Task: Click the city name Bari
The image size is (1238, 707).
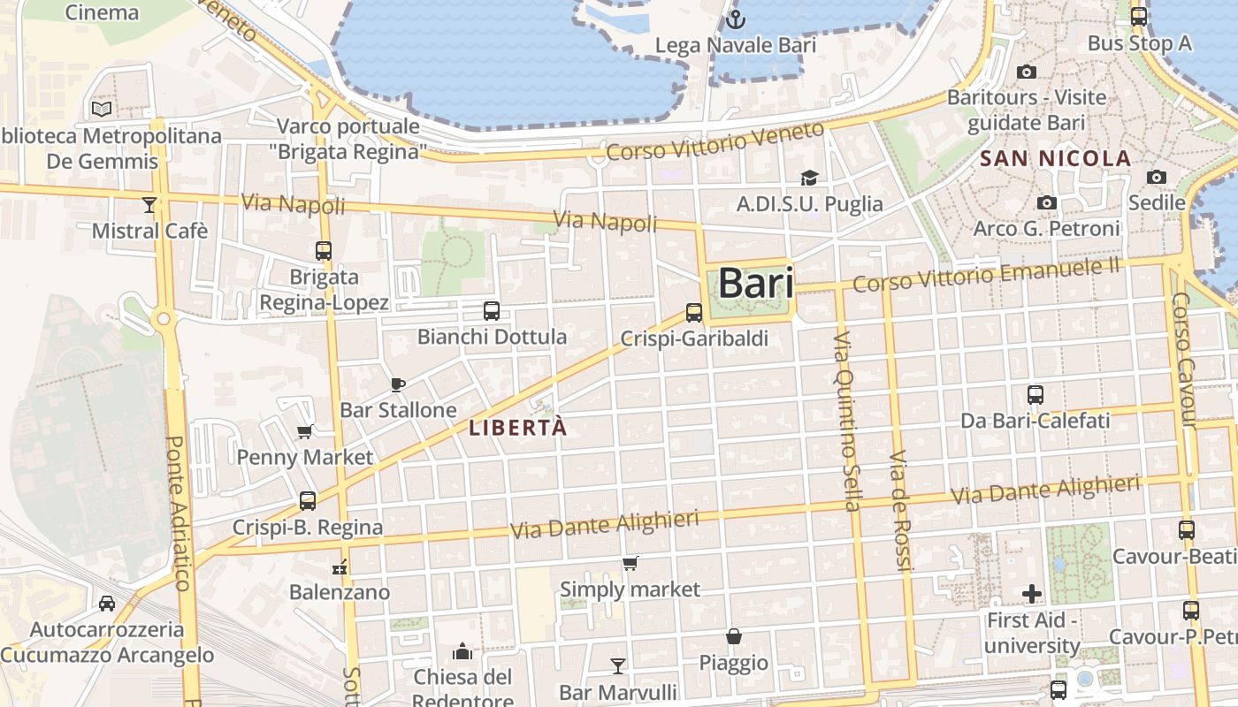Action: pos(755,283)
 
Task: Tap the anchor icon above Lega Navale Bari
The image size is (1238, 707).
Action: pos(734,19)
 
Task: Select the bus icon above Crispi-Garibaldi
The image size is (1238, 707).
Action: pos(694,312)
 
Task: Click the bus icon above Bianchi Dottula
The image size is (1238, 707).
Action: pos(492,310)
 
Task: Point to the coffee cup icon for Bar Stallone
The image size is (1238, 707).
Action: pos(398,384)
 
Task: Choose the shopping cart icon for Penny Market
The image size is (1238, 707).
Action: pos(305,431)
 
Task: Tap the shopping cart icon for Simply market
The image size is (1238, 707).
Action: pos(630,563)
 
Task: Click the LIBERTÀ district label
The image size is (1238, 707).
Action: pos(517,429)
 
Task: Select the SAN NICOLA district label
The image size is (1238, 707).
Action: pos(1056,159)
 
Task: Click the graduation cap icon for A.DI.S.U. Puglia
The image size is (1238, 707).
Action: pos(808,179)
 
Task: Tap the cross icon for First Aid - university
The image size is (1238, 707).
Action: pos(1031,594)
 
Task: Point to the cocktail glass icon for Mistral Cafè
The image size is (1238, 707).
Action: pos(149,205)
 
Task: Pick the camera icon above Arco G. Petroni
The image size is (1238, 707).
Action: pos(1047,203)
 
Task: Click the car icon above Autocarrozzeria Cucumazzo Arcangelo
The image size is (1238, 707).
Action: pos(107,604)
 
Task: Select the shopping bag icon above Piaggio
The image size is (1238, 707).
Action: pos(734,636)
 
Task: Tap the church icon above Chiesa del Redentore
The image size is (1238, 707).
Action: pos(462,652)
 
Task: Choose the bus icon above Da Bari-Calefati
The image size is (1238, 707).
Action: pos(1035,394)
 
